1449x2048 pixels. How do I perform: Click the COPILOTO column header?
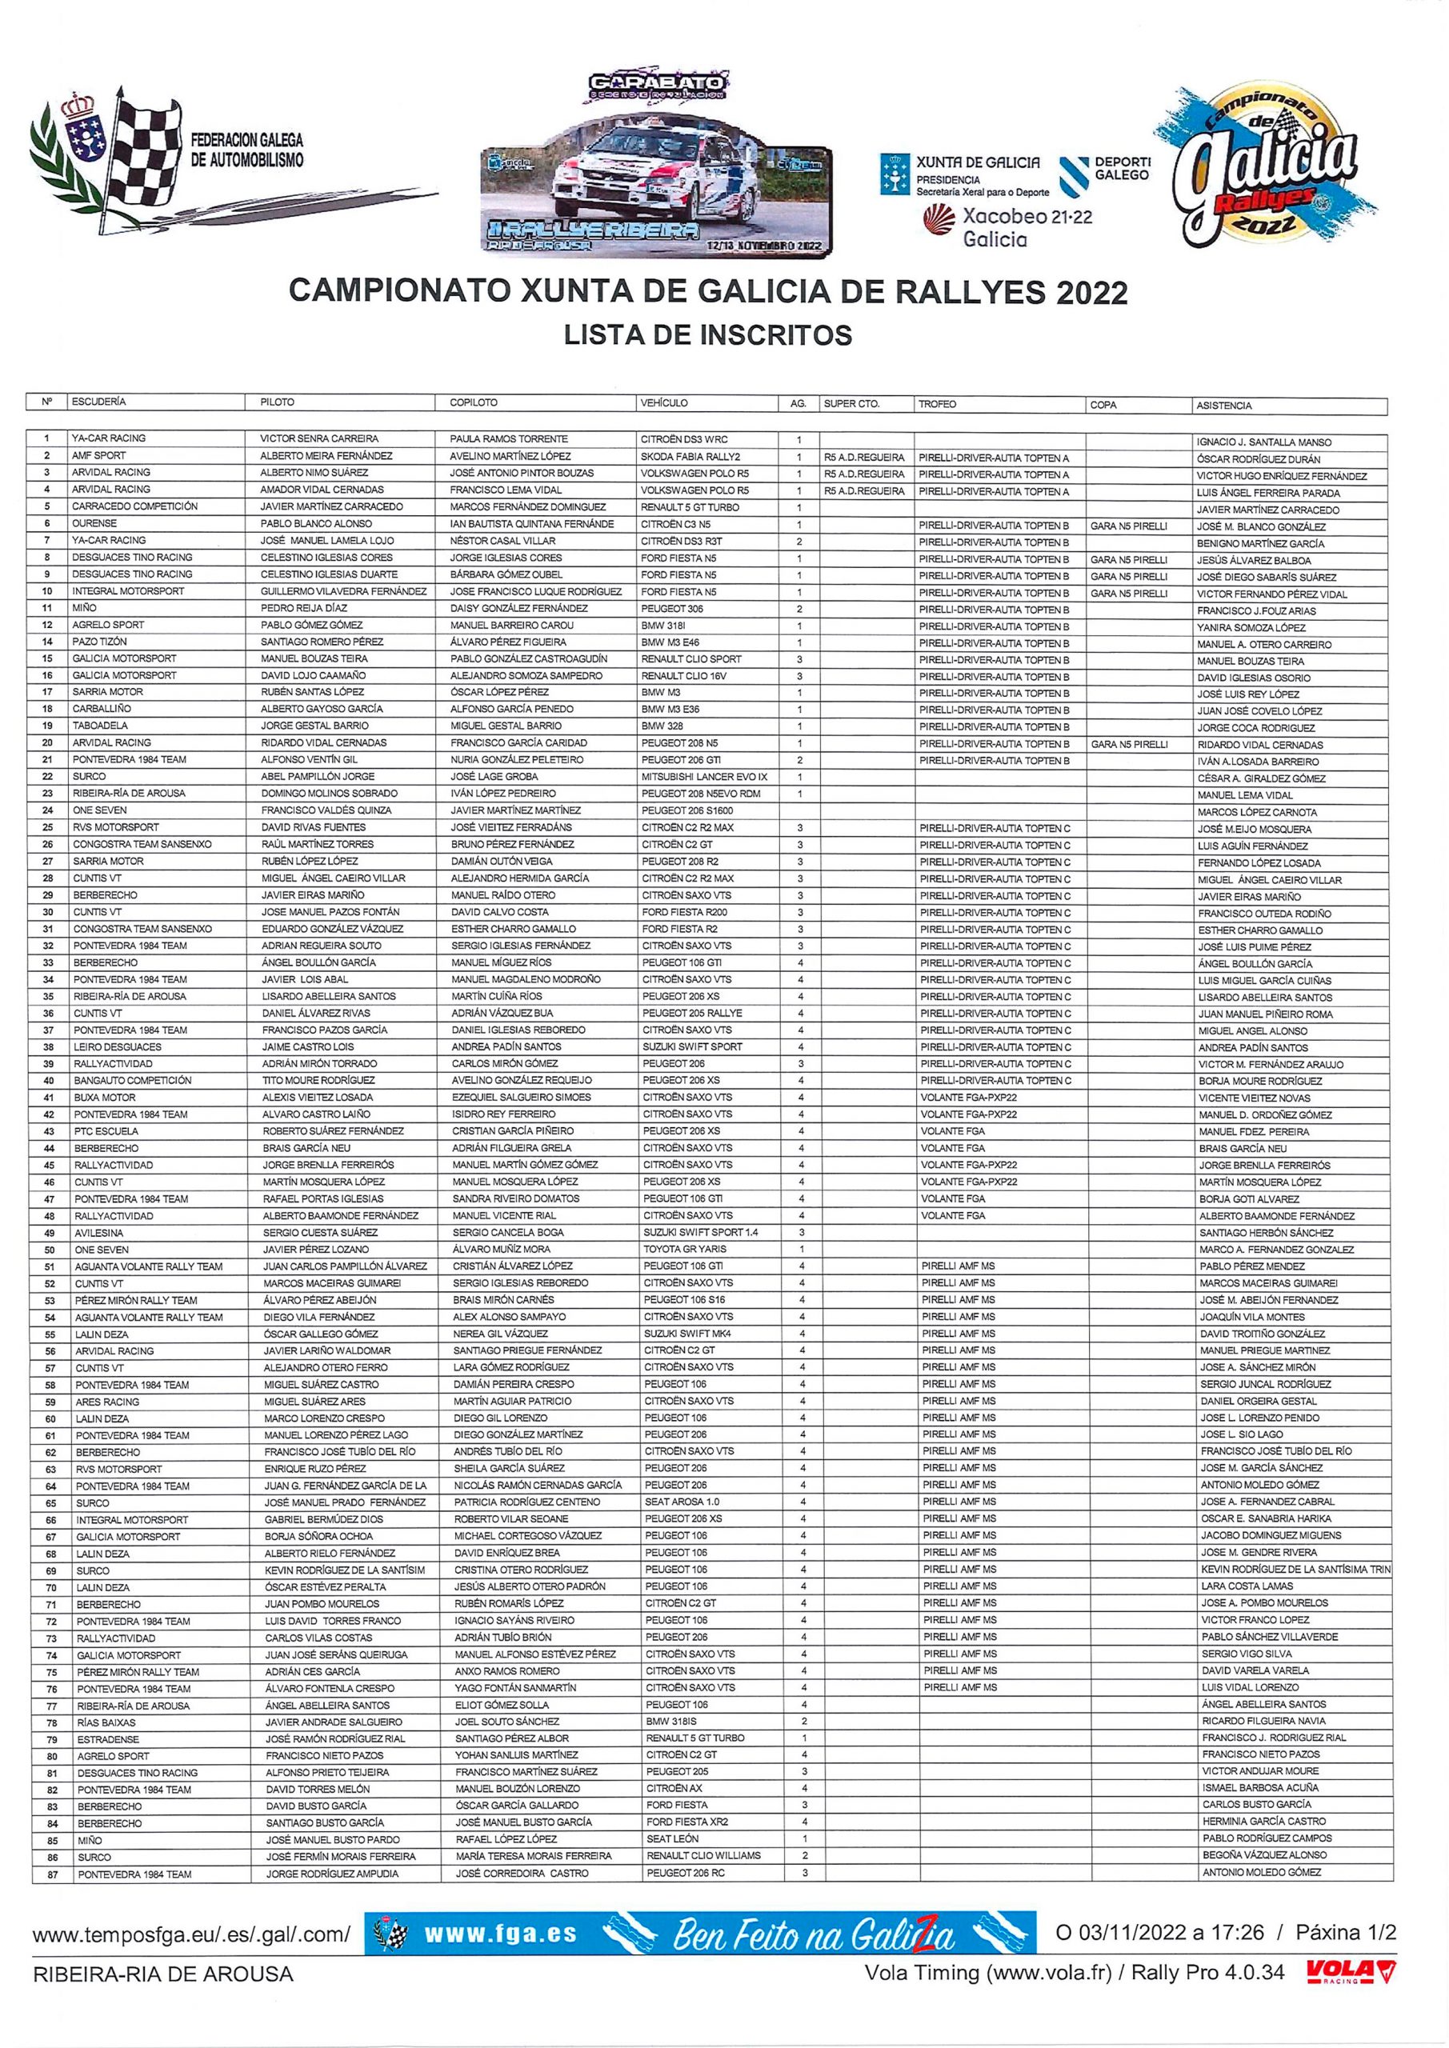[474, 402]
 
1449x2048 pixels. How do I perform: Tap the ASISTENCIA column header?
[1224, 405]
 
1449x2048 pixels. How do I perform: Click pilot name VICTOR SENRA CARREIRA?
[318, 439]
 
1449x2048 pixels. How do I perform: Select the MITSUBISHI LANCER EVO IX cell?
[704, 776]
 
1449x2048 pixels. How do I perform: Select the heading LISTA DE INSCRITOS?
[707, 334]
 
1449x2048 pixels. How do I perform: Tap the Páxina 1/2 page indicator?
[1346, 1933]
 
